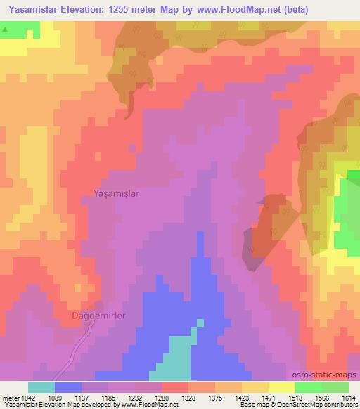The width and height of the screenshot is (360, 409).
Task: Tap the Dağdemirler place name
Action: [99, 316]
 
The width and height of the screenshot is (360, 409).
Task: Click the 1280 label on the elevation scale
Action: [172, 397]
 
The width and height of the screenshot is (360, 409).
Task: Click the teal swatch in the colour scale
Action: [41, 387]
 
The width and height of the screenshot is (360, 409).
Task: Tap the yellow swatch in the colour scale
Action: [282, 387]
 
